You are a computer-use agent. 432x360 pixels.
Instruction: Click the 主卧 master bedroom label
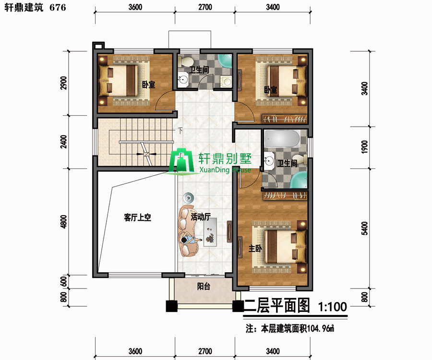[255, 249]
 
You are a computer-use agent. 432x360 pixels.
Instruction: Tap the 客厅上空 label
[137, 217]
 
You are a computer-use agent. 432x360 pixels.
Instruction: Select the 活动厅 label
[201, 217]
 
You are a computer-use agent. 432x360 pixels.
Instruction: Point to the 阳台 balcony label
[204, 287]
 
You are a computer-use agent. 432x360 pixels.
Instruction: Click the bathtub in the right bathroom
[282, 139]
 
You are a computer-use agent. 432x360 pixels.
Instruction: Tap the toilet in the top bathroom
[186, 61]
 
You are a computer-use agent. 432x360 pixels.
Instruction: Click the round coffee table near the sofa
[188, 198]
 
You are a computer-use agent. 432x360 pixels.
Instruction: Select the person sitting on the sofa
[189, 239]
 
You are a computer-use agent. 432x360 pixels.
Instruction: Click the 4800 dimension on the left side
[64, 222]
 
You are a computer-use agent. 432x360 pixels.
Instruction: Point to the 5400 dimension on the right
[364, 228]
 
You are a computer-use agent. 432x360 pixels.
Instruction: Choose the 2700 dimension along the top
[205, 7]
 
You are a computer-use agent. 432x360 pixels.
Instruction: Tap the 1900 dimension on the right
[364, 147]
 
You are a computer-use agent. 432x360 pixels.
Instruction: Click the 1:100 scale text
[332, 307]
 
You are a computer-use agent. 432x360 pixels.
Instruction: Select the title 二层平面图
[276, 305]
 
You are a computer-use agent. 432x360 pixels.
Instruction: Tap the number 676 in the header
[58, 7]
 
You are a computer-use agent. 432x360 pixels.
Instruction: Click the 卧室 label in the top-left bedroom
[148, 84]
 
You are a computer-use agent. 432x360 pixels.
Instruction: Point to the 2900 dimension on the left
[64, 83]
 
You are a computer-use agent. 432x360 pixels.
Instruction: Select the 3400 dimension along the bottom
[273, 351]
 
